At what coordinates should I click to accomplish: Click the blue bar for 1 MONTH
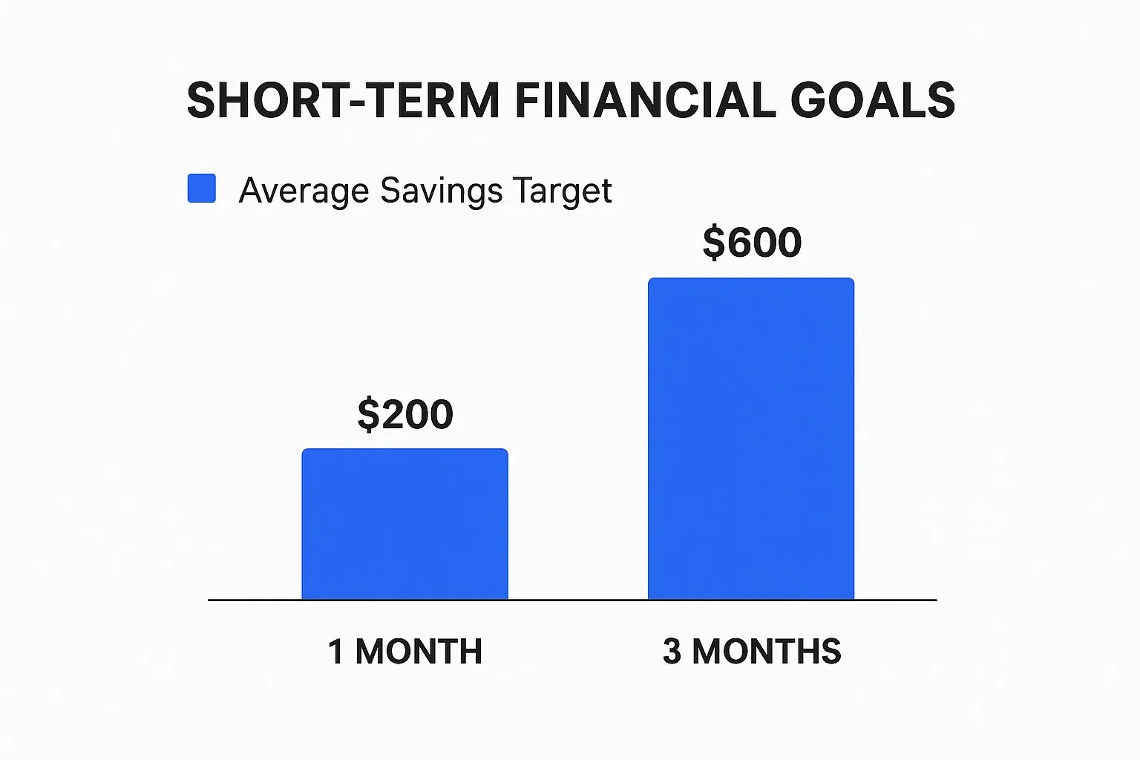click(x=404, y=524)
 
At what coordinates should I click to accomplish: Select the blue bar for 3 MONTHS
click(x=750, y=439)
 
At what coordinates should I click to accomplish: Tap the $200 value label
click(x=405, y=414)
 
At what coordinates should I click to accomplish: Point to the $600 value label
click(x=752, y=242)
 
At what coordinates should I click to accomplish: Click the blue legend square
click(x=202, y=189)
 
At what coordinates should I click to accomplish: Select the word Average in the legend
click(x=304, y=191)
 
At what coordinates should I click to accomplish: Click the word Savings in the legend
click(x=442, y=191)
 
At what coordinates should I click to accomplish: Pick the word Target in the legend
click(x=563, y=191)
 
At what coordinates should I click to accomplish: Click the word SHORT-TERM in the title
click(x=343, y=100)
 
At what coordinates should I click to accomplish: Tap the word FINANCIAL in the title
click(x=645, y=100)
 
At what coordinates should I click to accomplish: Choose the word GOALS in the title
click(x=873, y=100)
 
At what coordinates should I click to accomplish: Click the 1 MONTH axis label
click(x=405, y=651)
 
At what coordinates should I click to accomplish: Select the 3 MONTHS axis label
click(x=752, y=651)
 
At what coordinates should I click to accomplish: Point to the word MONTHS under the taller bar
click(x=767, y=651)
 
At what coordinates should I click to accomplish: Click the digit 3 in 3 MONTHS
click(x=672, y=651)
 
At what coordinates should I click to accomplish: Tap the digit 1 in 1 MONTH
click(x=336, y=651)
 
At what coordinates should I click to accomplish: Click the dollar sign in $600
click(x=713, y=242)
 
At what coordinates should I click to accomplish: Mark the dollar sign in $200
click(x=368, y=414)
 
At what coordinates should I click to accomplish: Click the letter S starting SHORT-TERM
click(x=203, y=100)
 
